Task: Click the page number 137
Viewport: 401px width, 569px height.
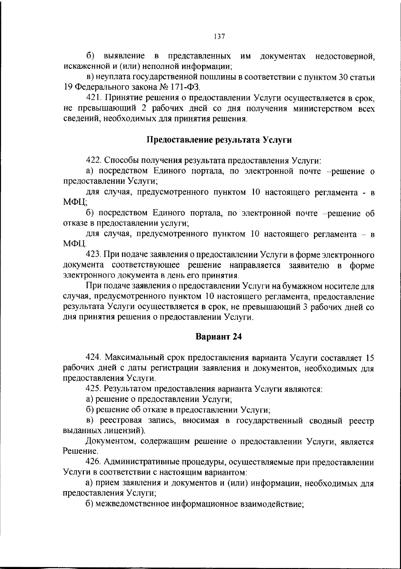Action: [219, 36]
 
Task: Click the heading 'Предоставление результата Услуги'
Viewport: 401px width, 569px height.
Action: [220, 140]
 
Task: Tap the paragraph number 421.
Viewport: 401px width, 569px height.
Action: [94, 98]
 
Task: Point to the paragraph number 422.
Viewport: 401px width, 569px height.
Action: [94, 161]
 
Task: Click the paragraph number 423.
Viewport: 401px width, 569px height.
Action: [94, 255]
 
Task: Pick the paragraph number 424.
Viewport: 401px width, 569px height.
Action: [94, 358]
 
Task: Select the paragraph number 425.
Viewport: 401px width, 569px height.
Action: [94, 389]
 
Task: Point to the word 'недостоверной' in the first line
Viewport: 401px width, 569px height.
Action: [345, 56]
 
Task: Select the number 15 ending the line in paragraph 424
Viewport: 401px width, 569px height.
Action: [370, 358]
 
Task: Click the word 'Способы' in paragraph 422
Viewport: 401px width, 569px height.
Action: [121, 161]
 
